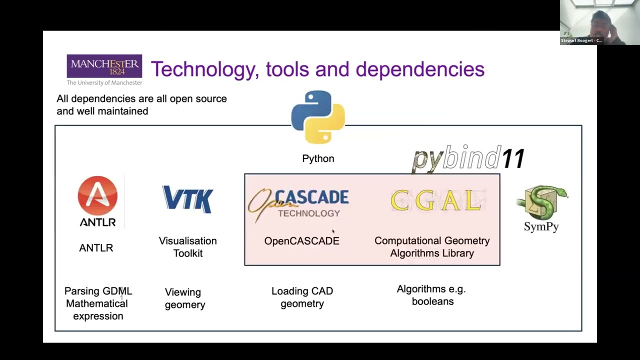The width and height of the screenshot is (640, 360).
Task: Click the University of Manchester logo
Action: point(104,69)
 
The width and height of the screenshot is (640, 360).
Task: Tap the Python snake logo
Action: point(318,117)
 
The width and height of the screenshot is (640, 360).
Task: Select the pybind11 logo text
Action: point(468,159)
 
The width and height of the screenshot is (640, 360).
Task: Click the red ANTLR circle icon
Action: point(97,195)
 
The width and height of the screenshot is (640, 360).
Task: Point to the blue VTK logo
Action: point(188,199)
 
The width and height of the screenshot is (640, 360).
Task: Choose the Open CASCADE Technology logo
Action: point(299,204)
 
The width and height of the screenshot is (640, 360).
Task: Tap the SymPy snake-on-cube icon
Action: point(542,202)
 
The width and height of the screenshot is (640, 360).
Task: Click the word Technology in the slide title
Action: point(202,69)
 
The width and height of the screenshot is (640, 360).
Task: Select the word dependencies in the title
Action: point(419,69)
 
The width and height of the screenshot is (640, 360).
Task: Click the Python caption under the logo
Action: point(318,158)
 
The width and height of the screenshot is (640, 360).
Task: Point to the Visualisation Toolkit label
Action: point(188,247)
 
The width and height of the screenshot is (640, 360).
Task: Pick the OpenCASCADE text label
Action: point(301,241)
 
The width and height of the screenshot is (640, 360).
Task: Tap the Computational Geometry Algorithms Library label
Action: point(432,247)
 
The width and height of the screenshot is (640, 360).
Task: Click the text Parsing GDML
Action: point(98,291)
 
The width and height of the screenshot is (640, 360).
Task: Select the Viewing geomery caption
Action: point(184,298)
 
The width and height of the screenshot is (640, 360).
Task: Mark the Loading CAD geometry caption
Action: point(302,297)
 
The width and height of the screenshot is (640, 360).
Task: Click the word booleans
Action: point(432,301)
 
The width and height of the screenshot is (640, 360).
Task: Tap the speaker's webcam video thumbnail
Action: point(599,22)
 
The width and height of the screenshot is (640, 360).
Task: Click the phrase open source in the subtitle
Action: point(198,98)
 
